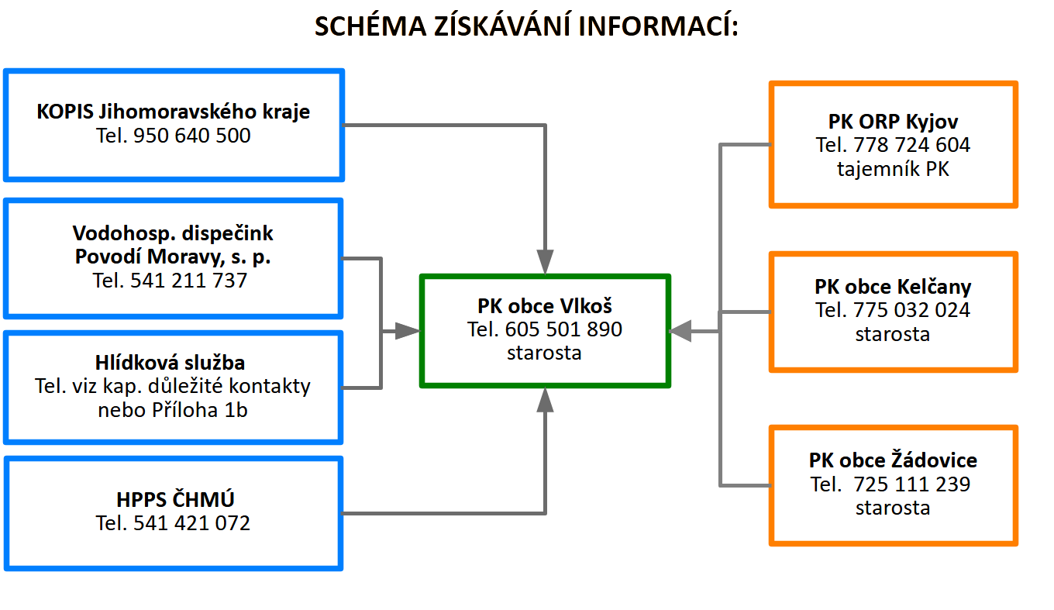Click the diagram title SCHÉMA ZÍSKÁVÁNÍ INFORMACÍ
(526, 26)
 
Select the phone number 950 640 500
(192, 136)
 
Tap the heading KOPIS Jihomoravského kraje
(173, 112)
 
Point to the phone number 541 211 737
(190, 281)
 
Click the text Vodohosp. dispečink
(173, 233)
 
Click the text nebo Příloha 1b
(173, 410)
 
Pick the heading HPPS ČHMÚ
(173, 499)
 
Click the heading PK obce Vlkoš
(545, 305)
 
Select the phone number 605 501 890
(563, 329)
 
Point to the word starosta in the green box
(545, 353)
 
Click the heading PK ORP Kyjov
(893, 122)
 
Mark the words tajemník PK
(893, 169)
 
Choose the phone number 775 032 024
(912, 311)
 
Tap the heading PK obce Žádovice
(893, 460)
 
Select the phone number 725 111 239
(912, 484)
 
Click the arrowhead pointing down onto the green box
(546, 261)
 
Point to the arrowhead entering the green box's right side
(680, 332)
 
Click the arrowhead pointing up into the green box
(546, 401)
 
